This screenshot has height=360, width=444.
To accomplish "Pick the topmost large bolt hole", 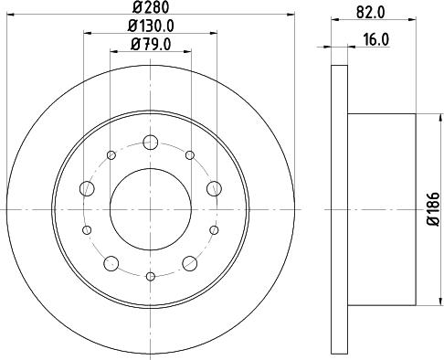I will pyautogui.click(x=151, y=143).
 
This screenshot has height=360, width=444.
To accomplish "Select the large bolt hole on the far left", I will pyautogui.click(x=88, y=188).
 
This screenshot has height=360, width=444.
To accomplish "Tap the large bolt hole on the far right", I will pyautogui.click(x=214, y=188).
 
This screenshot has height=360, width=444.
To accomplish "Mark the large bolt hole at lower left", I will pyautogui.click(x=111, y=262).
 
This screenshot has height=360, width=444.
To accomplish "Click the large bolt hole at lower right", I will pyautogui.click(x=190, y=262).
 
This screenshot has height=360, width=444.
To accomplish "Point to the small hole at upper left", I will pyautogui.click(x=112, y=156).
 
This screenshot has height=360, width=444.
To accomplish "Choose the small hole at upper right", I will pyautogui.click(x=189, y=156).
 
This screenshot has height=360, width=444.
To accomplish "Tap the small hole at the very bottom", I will pyautogui.click(x=151, y=275).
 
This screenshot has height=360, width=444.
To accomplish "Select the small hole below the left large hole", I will pyautogui.click(x=89, y=229).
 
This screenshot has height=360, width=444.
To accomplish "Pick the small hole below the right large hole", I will pyautogui.click(x=213, y=229).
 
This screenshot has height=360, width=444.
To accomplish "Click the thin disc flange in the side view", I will pyautogui.click(x=337, y=208).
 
